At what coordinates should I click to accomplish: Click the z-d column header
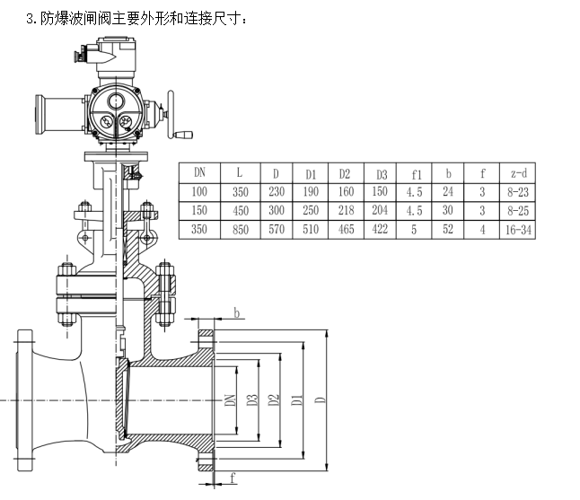pyautogui.click(x=519, y=173)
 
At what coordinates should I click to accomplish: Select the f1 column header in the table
pyautogui.click(x=417, y=174)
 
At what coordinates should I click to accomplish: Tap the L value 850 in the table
pyautogui.click(x=241, y=230)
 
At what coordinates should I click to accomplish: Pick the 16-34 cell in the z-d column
pyautogui.click(x=518, y=230)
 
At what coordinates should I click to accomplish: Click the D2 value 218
pyautogui.click(x=346, y=210)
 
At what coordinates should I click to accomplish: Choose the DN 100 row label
pyautogui.click(x=199, y=191)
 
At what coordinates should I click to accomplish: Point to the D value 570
pyautogui.click(x=277, y=230)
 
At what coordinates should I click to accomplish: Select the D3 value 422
pyautogui.click(x=380, y=229)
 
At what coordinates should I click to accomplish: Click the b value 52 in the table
pyautogui.click(x=448, y=229)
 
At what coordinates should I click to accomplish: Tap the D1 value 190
pyautogui.click(x=311, y=191)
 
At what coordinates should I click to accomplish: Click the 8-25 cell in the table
pyautogui.click(x=518, y=211)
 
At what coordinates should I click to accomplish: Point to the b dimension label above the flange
pyautogui.click(x=237, y=313)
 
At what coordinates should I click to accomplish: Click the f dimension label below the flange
pyautogui.click(x=233, y=478)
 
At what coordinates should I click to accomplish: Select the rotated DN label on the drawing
pyautogui.click(x=230, y=400)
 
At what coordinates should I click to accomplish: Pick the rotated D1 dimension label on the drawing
pyautogui.click(x=296, y=399)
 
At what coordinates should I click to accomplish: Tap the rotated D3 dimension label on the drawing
pyautogui.click(x=252, y=399)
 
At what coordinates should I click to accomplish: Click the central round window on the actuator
pyautogui.click(x=116, y=101)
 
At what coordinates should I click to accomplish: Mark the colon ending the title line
pyautogui.click(x=244, y=21)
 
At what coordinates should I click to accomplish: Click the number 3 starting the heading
pyautogui.click(x=30, y=19)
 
